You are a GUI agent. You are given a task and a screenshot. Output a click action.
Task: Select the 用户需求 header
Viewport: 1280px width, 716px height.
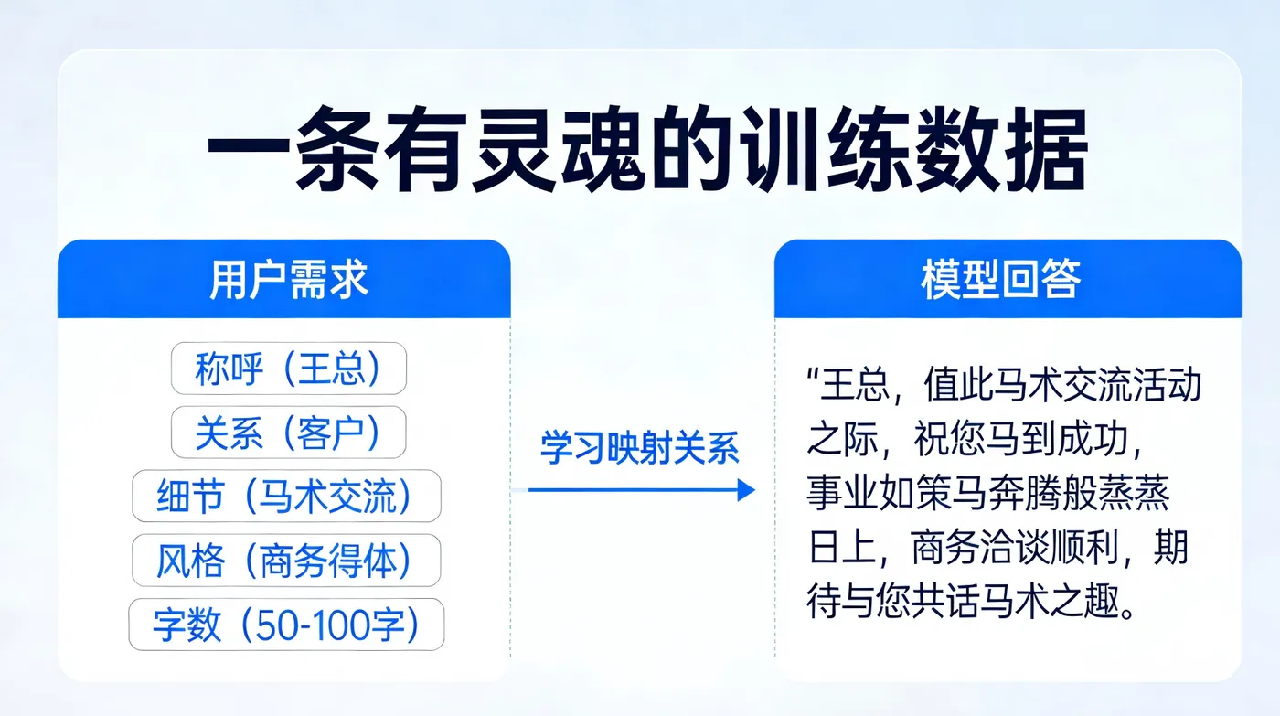tap(289, 280)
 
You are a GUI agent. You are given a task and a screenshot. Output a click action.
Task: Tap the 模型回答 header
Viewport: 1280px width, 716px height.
tap(1000, 280)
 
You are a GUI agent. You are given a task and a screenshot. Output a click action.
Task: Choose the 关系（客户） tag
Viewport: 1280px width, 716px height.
tap(288, 433)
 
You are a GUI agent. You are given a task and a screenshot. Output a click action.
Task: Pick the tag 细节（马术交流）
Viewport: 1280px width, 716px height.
tap(286, 497)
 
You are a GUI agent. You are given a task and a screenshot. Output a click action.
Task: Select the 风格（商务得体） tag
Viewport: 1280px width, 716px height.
tap(286, 561)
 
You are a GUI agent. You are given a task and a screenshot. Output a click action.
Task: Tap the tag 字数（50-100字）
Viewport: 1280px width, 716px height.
tap(286, 625)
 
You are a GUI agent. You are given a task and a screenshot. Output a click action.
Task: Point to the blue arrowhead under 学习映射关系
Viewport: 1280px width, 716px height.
tap(745, 491)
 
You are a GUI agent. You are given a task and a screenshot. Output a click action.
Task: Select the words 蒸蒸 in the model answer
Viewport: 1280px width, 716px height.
tap(1144, 497)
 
